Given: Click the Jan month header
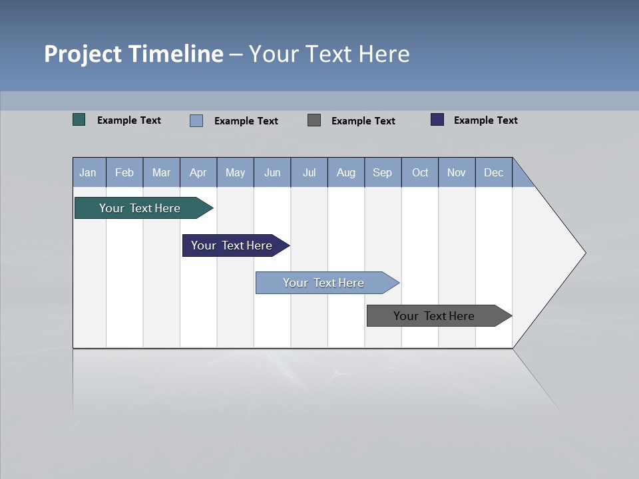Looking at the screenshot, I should point(89,172).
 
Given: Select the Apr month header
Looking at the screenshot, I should point(198,172).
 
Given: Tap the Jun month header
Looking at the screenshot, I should point(272,172).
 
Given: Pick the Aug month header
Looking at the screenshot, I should point(346,172).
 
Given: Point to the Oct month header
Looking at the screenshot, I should point(420,172).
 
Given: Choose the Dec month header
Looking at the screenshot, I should point(494,172).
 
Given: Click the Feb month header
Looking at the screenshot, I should point(124,172).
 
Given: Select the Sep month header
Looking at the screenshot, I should point(383,172).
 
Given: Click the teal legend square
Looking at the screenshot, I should point(79,120).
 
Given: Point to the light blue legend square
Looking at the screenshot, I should point(196,120).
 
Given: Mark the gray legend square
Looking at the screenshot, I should point(314,120).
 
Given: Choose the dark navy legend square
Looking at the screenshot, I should point(437,120).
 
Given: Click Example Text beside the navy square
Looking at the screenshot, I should point(485,120).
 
